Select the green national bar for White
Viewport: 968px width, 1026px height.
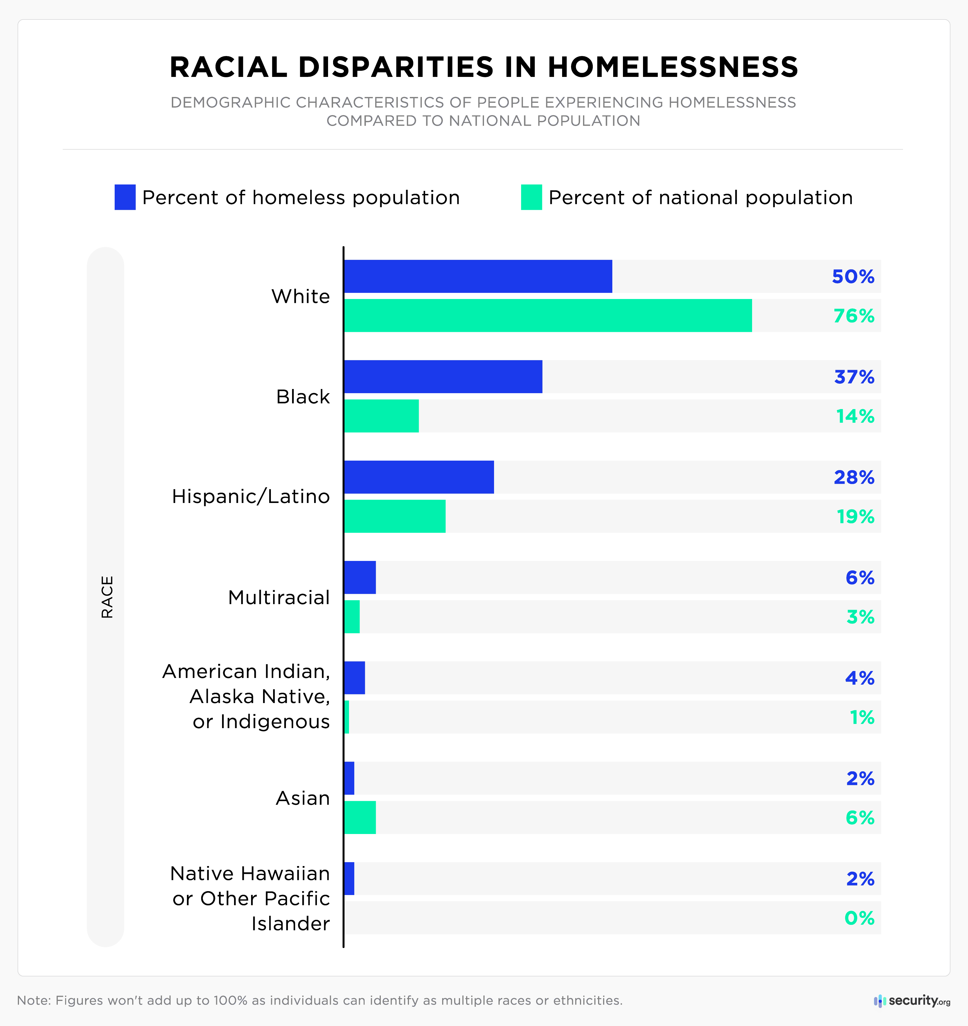tap(548, 315)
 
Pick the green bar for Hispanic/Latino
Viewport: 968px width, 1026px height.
tap(395, 516)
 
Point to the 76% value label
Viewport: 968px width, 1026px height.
tap(854, 315)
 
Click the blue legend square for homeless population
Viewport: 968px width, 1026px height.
tap(125, 197)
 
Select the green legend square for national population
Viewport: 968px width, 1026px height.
tap(531, 197)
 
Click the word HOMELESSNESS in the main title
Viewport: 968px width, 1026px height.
tap(673, 67)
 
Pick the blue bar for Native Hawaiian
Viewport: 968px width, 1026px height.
tap(349, 878)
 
